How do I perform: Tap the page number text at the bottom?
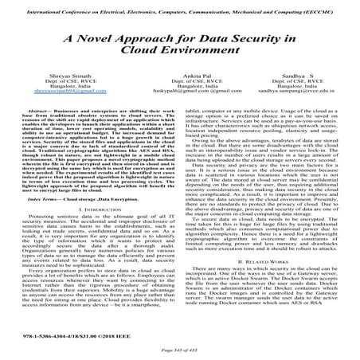point(180,353)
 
